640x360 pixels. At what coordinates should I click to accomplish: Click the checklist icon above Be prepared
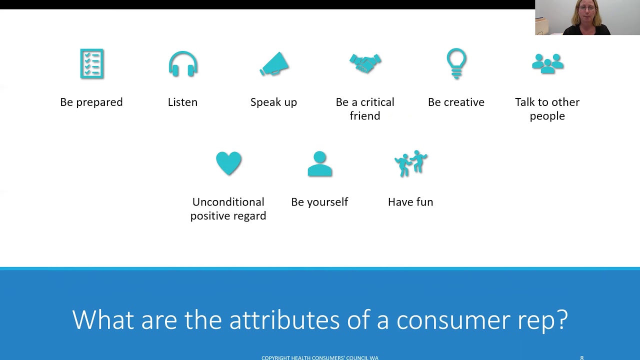click(91, 64)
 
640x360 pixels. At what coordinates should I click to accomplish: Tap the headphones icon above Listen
click(183, 64)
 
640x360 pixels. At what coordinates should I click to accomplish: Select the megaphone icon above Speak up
click(274, 64)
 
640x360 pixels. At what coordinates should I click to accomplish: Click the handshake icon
click(365, 63)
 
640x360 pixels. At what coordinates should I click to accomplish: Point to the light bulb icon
click(456, 63)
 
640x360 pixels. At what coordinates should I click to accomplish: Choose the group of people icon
click(547, 63)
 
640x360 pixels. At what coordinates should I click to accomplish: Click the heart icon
click(228, 163)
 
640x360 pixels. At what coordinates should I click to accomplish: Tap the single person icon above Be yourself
click(320, 164)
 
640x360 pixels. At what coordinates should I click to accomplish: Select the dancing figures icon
click(411, 163)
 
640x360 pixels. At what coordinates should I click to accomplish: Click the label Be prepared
click(91, 102)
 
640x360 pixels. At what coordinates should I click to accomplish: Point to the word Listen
click(182, 102)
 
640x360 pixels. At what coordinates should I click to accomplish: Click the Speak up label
click(273, 102)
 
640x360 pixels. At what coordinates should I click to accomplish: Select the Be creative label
click(456, 102)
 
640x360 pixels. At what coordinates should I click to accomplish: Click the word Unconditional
click(228, 202)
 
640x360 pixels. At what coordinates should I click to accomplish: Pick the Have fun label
click(410, 202)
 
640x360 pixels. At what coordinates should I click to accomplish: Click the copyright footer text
click(320, 357)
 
